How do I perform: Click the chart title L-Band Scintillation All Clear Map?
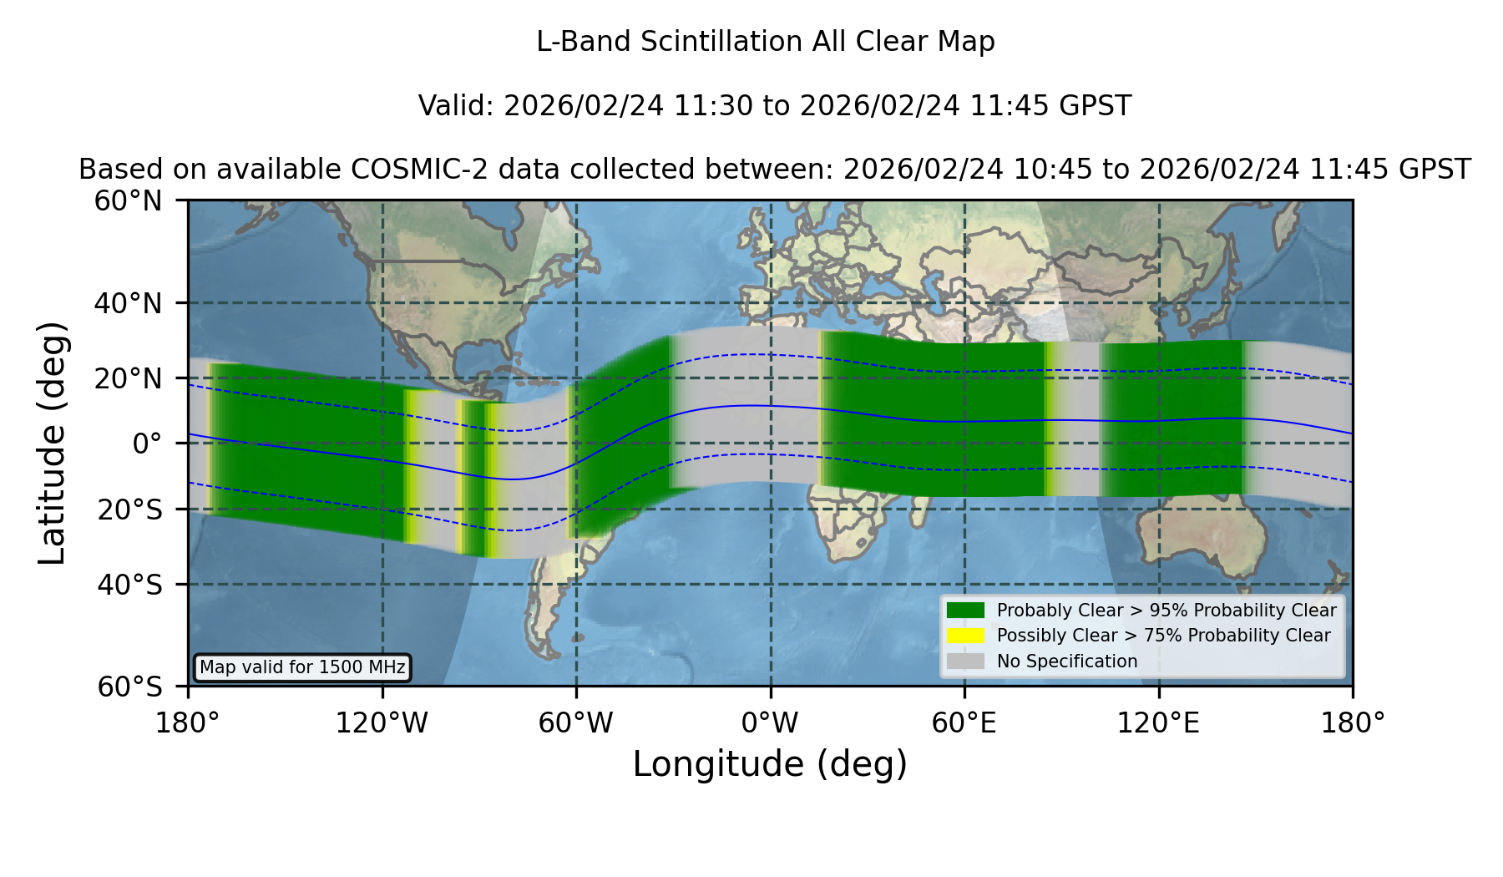765,42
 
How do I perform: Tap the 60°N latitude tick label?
128,201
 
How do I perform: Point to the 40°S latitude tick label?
129,585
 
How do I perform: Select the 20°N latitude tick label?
128,378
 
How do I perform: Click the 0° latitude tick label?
147,444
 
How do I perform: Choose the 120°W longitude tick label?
382,723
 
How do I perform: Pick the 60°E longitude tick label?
964,723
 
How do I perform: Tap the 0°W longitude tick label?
770,723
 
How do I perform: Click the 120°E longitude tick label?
1158,723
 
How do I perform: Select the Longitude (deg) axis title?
770,764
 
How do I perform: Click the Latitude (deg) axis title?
52,444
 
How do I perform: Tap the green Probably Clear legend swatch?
966,611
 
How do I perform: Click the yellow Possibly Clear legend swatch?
966,636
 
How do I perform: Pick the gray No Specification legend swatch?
966,662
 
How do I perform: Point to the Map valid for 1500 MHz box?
302,667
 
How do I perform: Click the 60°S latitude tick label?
129,687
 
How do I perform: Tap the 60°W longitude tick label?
576,723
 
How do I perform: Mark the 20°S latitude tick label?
129,509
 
